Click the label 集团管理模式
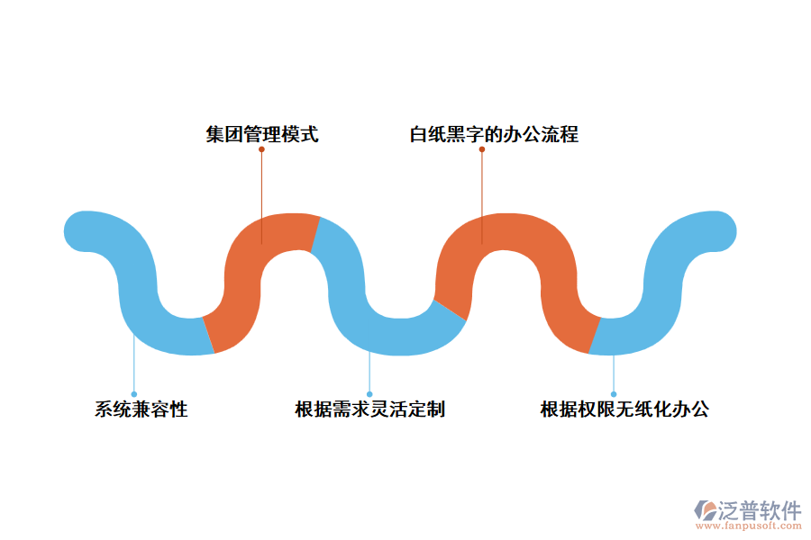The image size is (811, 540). click(x=261, y=135)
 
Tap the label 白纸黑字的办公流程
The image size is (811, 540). click(x=494, y=135)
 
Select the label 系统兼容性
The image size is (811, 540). click(x=141, y=409)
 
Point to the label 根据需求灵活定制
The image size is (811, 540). click(x=369, y=409)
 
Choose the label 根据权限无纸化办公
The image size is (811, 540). click(x=624, y=409)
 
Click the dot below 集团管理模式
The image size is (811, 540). click(x=261, y=149)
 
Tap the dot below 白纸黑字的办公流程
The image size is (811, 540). click(x=482, y=149)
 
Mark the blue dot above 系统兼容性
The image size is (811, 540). click(x=133, y=394)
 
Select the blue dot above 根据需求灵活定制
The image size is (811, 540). click(x=369, y=394)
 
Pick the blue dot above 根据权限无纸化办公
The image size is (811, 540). click(x=614, y=394)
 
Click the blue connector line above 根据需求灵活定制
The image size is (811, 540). click(x=369, y=373)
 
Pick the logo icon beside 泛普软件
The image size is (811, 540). click(x=704, y=510)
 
